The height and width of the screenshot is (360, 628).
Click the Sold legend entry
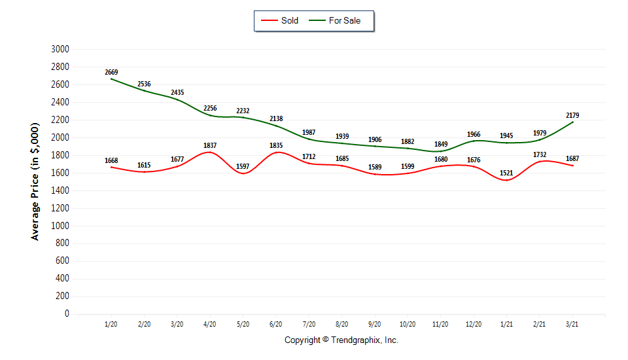[x=280, y=20]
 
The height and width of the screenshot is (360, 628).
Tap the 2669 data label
[x=111, y=72]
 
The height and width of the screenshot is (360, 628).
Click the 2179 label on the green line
[x=572, y=115]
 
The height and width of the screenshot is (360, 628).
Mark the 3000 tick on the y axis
[x=60, y=49]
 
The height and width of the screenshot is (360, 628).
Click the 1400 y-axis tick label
[x=60, y=190]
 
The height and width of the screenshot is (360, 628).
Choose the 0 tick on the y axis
[x=66, y=314]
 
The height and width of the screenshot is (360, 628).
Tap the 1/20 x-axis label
[x=111, y=324]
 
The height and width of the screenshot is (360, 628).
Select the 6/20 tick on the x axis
[x=276, y=324]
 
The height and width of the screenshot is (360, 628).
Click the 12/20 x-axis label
[x=474, y=324]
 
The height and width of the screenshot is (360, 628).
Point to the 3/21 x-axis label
[x=572, y=324]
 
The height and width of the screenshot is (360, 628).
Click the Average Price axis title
[x=35, y=181]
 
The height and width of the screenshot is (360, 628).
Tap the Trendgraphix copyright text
[x=341, y=340]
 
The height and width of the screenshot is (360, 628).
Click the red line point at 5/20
[x=243, y=173]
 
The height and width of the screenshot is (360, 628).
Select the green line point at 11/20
[x=441, y=151]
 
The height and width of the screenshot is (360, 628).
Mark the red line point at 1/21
[x=507, y=180]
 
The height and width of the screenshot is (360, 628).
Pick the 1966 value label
[x=474, y=134]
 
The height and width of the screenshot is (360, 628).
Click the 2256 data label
[x=210, y=109]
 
